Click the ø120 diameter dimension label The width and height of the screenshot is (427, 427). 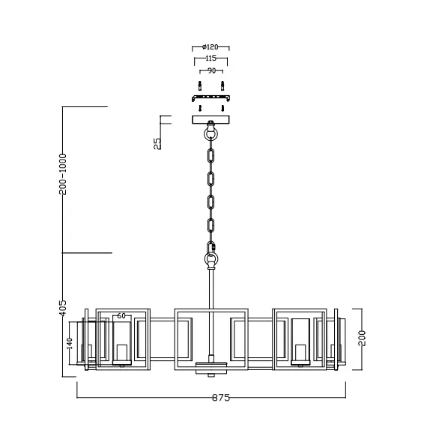210,46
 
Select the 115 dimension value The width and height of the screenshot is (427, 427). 210,58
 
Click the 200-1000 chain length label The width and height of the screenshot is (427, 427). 64,175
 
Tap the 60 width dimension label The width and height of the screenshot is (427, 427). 121,316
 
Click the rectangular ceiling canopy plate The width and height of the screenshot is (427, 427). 211,119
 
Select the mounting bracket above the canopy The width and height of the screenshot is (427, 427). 211,97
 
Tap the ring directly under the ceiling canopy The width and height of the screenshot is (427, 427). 211,136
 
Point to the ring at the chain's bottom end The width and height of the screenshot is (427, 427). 211,261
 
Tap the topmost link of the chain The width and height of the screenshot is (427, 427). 211,157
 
